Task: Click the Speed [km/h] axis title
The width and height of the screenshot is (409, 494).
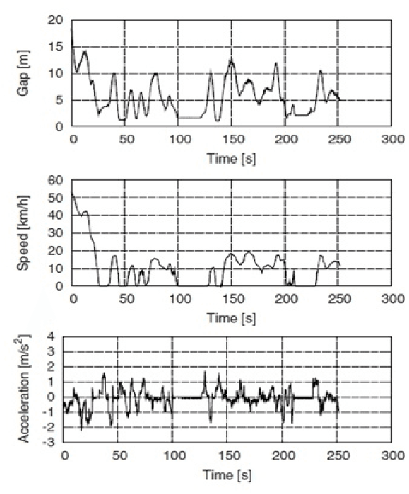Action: pyautogui.click(x=28, y=232)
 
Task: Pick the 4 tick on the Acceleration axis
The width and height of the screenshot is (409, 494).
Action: pyautogui.click(x=51, y=337)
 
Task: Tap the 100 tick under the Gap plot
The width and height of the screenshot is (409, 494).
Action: pyautogui.click(x=178, y=140)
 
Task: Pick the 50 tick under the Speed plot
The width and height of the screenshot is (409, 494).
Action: pyautogui.click(x=126, y=299)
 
